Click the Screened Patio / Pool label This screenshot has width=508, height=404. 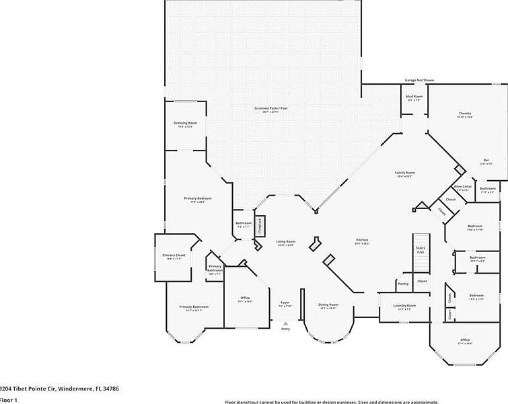pos(271,108)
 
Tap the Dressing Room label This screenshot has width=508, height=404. pos(185,124)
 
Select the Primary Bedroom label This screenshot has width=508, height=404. pos(198,199)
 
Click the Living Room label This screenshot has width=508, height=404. pos(286,242)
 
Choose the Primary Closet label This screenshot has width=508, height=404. pos(173,255)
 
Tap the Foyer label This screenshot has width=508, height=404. pos(285,304)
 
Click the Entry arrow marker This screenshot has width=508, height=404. pos(285,323)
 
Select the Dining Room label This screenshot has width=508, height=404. pos(328,305)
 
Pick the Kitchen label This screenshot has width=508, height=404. pos(362,241)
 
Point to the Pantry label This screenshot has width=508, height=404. pos(403,284)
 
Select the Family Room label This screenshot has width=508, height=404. pos(404,173)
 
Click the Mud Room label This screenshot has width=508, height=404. pos(414,97)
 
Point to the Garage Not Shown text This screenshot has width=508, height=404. pos(419,80)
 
